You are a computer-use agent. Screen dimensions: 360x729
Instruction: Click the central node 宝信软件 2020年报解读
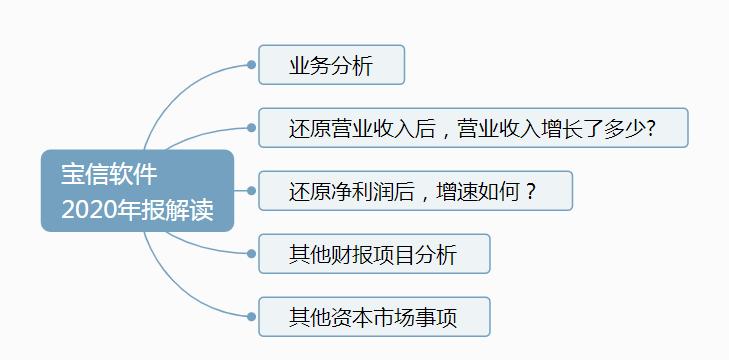click(x=137, y=190)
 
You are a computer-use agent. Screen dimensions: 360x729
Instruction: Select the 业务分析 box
click(x=331, y=65)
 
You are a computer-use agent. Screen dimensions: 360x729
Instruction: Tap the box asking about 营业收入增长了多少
click(x=472, y=128)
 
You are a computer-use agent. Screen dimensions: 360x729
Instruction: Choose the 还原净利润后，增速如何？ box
click(x=415, y=191)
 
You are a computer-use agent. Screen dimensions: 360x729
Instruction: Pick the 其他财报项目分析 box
click(x=374, y=254)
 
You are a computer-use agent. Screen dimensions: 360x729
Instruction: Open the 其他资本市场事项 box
click(x=374, y=317)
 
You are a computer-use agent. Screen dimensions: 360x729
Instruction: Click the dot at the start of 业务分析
click(x=251, y=65)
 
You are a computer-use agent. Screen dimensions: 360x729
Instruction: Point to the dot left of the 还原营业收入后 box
click(x=251, y=128)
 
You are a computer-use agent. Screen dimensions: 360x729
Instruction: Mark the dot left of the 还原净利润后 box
click(x=251, y=191)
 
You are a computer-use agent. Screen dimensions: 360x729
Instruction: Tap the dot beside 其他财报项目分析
click(x=251, y=254)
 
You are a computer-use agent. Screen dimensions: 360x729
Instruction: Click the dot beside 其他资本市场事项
click(x=251, y=317)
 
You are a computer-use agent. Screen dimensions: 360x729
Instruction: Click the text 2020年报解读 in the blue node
click(x=137, y=211)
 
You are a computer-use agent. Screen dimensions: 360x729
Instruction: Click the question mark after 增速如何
click(x=531, y=191)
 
